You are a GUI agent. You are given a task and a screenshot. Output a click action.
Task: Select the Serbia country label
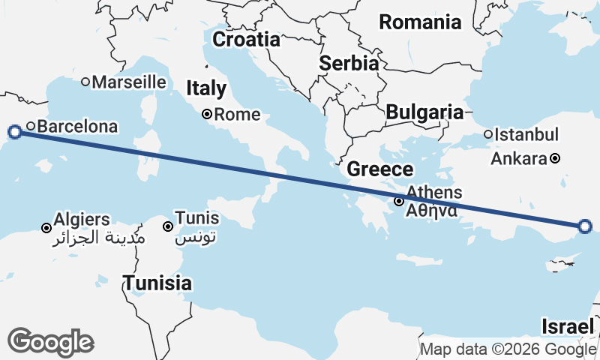(349, 63)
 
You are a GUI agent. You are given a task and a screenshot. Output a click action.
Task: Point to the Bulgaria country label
(424, 112)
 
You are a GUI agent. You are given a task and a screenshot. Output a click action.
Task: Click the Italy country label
(206, 88)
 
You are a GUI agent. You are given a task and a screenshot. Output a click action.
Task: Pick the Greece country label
(380, 169)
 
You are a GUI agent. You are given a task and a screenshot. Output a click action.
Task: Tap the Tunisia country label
(157, 283)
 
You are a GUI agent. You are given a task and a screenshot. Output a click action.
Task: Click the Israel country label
(568, 326)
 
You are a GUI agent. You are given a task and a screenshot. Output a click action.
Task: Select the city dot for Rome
(207, 115)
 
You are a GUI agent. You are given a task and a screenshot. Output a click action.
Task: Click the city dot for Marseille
(85, 82)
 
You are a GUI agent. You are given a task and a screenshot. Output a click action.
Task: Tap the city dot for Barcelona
(31, 126)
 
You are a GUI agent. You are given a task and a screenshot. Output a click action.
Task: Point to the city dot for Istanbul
(488, 135)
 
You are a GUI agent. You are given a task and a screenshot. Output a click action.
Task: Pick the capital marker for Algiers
(46, 227)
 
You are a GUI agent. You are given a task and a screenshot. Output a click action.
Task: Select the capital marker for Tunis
(168, 226)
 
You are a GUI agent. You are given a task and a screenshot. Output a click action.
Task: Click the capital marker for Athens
(400, 201)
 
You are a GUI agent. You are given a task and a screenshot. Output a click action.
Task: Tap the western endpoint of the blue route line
(14, 133)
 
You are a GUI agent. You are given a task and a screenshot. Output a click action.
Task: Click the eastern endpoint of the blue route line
(585, 226)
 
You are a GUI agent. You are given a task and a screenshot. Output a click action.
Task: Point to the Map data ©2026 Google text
(508, 349)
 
